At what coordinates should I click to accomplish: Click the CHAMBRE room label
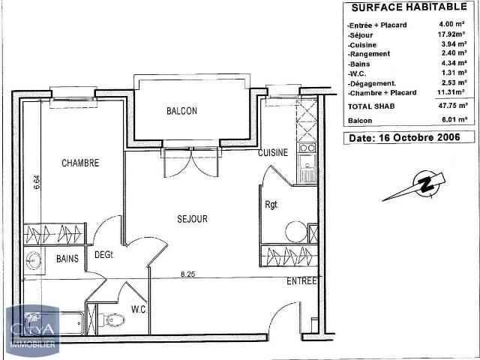click(80, 163)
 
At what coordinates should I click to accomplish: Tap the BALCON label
click(181, 111)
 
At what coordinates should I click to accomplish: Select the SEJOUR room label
click(192, 219)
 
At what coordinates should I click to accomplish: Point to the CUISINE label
click(272, 153)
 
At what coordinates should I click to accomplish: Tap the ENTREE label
click(301, 281)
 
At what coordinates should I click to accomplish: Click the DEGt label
click(103, 255)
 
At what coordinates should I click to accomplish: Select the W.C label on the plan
click(139, 309)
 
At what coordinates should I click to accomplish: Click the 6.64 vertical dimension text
click(35, 182)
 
